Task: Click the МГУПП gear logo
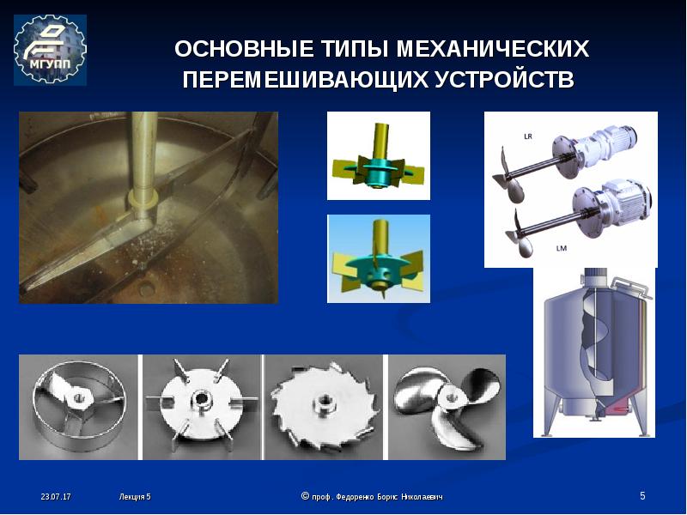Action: click(x=50, y=50)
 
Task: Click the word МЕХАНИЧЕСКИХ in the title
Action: click(x=493, y=49)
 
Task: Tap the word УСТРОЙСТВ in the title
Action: click(x=504, y=80)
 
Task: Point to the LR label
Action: click(x=528, y=136)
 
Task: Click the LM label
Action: click(x=562, y=248)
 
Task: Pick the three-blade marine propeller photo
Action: click(x=447, y=407)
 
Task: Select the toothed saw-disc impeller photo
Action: click(x=325, y=407)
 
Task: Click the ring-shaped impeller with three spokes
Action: click(x=79, y=407)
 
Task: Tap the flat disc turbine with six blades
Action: click(x=202, y=407)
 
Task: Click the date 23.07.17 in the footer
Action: click(x=56, y=497)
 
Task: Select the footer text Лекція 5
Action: click(x=135, y=497)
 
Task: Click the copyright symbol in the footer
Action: click(x=306, y=496)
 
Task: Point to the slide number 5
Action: click(x=642, y=496)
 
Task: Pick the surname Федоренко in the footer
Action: click(x=356, y=497)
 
